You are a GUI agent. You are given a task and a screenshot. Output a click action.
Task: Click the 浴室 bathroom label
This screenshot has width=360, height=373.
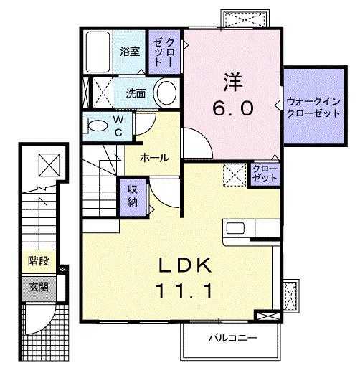click(129, 52)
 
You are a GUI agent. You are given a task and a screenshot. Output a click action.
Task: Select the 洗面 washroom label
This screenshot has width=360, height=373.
click(136, 93)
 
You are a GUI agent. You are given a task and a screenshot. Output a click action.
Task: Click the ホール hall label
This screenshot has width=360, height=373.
click(154, 157)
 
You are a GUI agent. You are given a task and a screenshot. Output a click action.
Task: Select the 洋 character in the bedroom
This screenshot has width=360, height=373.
click(231, 80)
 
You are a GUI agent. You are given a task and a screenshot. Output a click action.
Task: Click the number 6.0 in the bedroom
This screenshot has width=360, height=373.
click(231, 109)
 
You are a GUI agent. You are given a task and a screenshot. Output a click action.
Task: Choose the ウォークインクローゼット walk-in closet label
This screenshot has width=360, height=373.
click(313, 108)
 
